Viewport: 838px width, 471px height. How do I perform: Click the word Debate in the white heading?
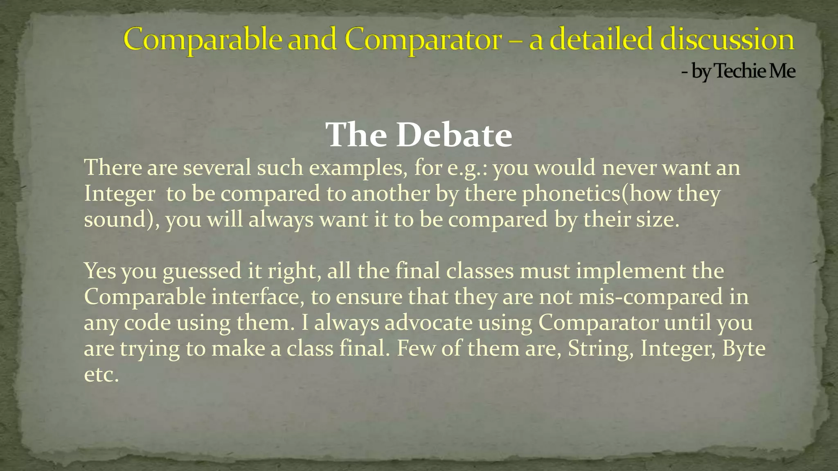coord(454,135)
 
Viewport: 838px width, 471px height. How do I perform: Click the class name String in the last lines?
coord(601,349)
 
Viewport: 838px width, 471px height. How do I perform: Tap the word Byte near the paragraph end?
coord(743,349)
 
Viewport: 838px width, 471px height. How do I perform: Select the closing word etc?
coord(101,375)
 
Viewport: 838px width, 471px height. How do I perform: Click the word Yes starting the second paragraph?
coord(100,271)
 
